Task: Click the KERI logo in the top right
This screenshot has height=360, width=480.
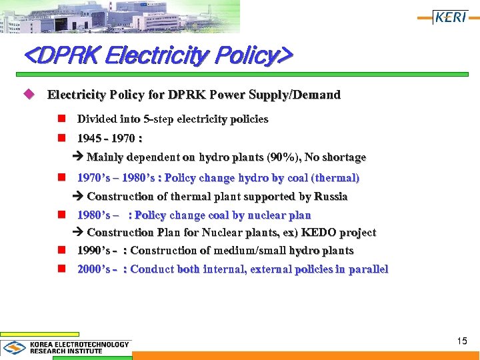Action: pos(451,17)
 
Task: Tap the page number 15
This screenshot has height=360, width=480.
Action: pos(462,341)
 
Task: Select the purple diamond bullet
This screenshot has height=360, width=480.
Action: pos(28,95)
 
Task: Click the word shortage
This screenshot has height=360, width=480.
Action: pos(344,158)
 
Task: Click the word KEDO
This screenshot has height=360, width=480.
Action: pos(319,233)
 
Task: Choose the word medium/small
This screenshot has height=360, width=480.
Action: pos(253,251)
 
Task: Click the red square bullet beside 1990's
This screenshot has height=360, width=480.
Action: pos(61,251)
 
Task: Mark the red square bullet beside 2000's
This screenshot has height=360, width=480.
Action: pos(61,269)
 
